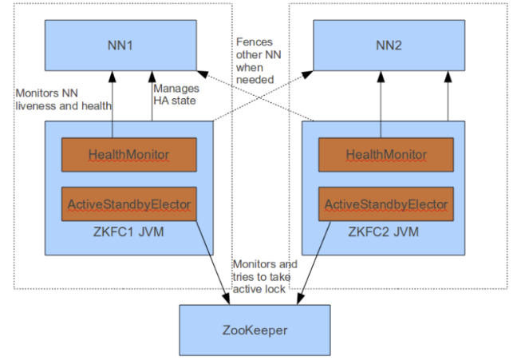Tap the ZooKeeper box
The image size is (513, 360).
[x=253, y=329]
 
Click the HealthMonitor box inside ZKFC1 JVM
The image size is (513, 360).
[x=129, y=154]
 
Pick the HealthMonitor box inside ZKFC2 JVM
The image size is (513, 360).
[x=386, y=154]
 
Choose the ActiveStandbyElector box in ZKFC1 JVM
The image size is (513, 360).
[x=129, y=204]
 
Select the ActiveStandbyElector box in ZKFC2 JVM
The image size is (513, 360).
[x=386, y=204]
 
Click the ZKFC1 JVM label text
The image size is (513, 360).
[x=129, y=233]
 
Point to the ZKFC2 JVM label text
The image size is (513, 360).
[x=386, y=233]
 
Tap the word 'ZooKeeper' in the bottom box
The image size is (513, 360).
[x=253, y=329]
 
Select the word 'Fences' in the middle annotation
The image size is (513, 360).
[x=253, y=42]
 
